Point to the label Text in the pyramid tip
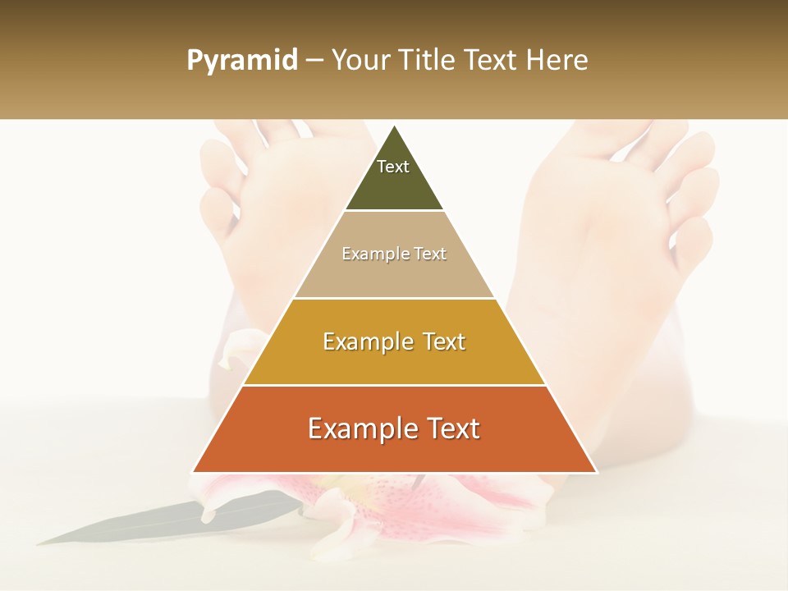coord(393,167)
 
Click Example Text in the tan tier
coord(394,254)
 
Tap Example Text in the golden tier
coord(394,341)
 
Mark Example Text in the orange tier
coord(394,428)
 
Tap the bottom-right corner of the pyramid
coord(596,472)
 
